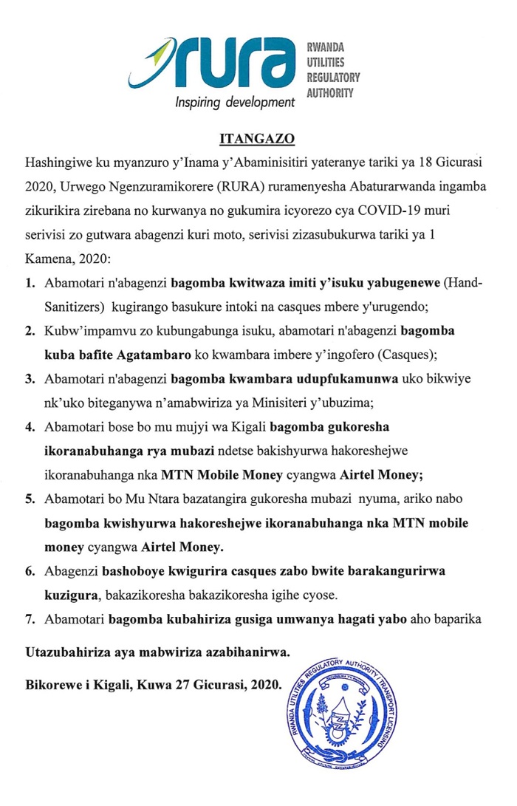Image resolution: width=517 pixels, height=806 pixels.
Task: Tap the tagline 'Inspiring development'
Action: coord(234,103)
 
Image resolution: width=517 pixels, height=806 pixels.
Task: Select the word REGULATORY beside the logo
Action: coord(333,78)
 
